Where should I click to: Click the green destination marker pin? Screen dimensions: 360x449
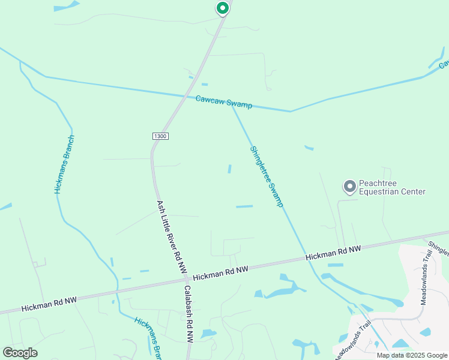tap(222, 8)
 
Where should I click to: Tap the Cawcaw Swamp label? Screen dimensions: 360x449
tap(224, 102)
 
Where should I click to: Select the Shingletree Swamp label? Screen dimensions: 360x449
tap(266, 176)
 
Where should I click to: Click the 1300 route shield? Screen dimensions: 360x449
tap(160, 136)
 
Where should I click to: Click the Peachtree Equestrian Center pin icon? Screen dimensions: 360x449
tap(349, 187)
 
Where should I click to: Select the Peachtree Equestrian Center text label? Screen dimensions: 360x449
tap(392, 188)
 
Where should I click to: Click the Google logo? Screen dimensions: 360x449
tap(20, 352)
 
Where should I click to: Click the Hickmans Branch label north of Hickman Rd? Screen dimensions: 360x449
tap(63, 164)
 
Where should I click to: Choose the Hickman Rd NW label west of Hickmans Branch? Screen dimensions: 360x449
tap(49, 304)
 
